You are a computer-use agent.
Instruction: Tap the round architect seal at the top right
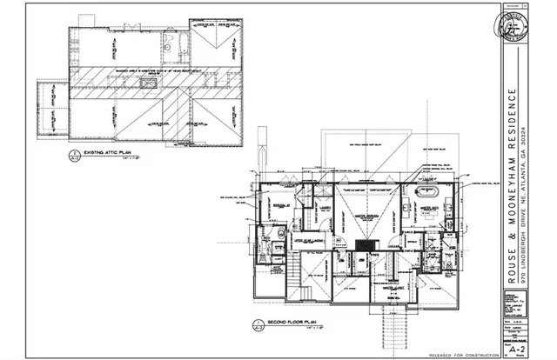point(520,28)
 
